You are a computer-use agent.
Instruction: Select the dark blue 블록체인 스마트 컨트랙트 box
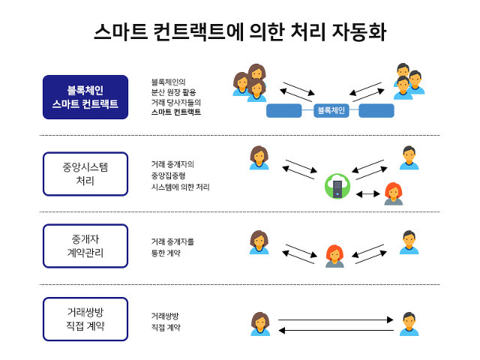coord(85,97)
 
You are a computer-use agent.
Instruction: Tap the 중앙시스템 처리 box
coord(85,174)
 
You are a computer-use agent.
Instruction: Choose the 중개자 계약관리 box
coord(85,245)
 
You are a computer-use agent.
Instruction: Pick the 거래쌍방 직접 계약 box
coord(85,319)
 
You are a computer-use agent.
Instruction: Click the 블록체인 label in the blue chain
coord(331,110)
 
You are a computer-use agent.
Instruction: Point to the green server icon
coord(337,186)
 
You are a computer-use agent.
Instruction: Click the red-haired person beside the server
coord(394,193)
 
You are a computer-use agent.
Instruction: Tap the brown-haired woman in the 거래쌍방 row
coord(259,324)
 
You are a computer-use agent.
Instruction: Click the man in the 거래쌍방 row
coord(409,324)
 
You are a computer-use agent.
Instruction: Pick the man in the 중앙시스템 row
coord(409,157)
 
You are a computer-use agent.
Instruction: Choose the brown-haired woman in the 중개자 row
coord(259,242)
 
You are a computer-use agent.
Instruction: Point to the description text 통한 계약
coord(165,253)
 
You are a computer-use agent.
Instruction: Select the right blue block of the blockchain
coord(376,111)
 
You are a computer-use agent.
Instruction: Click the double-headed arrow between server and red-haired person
coord(368,193)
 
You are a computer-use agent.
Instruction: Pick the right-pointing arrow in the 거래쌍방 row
coord(335,320)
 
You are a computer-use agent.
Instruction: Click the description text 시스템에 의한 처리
coord(180,187)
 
